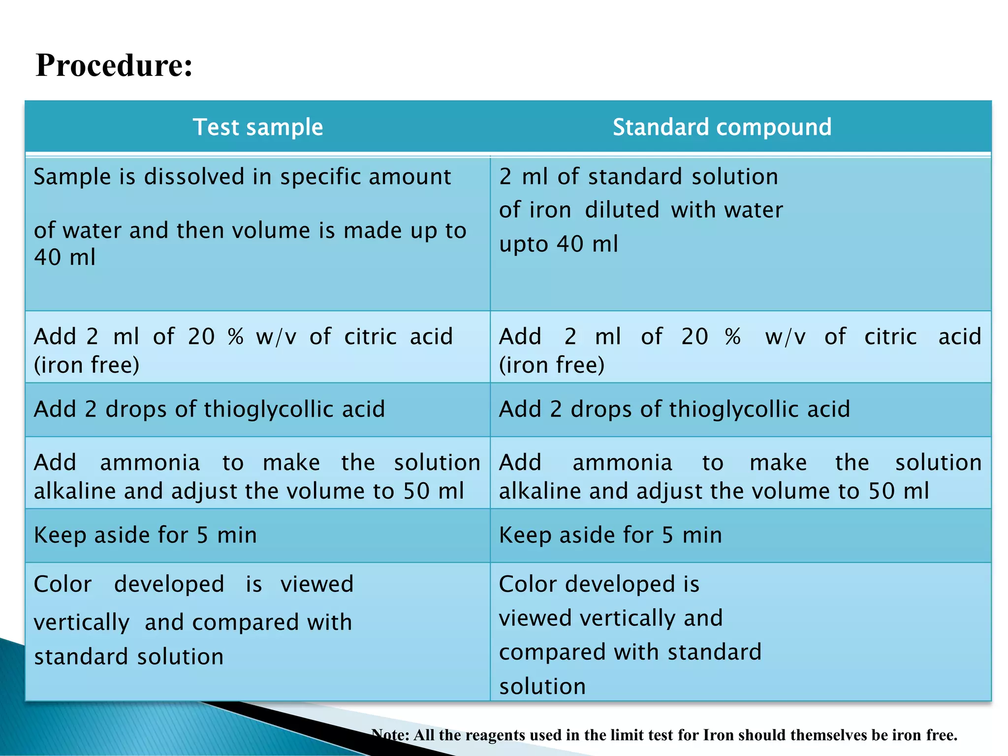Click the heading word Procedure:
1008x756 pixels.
(114, 65)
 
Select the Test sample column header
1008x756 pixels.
(257, 127)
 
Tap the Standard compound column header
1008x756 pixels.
(722, 127)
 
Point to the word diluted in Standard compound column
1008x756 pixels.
(622, 210)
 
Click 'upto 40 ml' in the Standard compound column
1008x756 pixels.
(558, 244)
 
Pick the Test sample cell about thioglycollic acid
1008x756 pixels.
(209, 409)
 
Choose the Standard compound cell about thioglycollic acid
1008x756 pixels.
(674, 409)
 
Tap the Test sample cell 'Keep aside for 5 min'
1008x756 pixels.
(145, 535)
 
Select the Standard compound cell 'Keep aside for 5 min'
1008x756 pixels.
(610, 535)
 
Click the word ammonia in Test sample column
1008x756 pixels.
(150, 463)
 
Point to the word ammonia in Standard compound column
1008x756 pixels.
(622, 463)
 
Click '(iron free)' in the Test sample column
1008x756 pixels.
(87, 365)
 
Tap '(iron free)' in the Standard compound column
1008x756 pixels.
(552, 365)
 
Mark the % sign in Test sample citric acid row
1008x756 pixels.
(236, 337)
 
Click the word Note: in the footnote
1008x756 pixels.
(390, 735)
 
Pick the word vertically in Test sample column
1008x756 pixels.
(82, 623)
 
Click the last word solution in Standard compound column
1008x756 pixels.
(542, 687)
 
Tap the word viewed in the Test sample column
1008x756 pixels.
(316, 585)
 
